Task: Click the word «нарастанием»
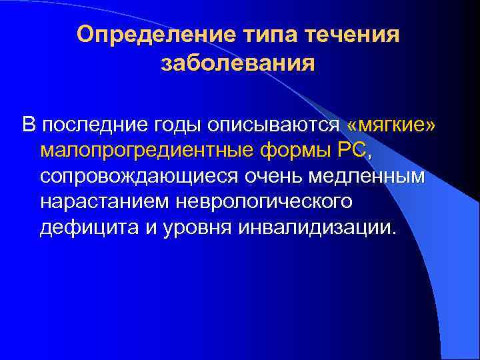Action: pos(103,202)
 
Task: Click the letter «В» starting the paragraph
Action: pos(28,126)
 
